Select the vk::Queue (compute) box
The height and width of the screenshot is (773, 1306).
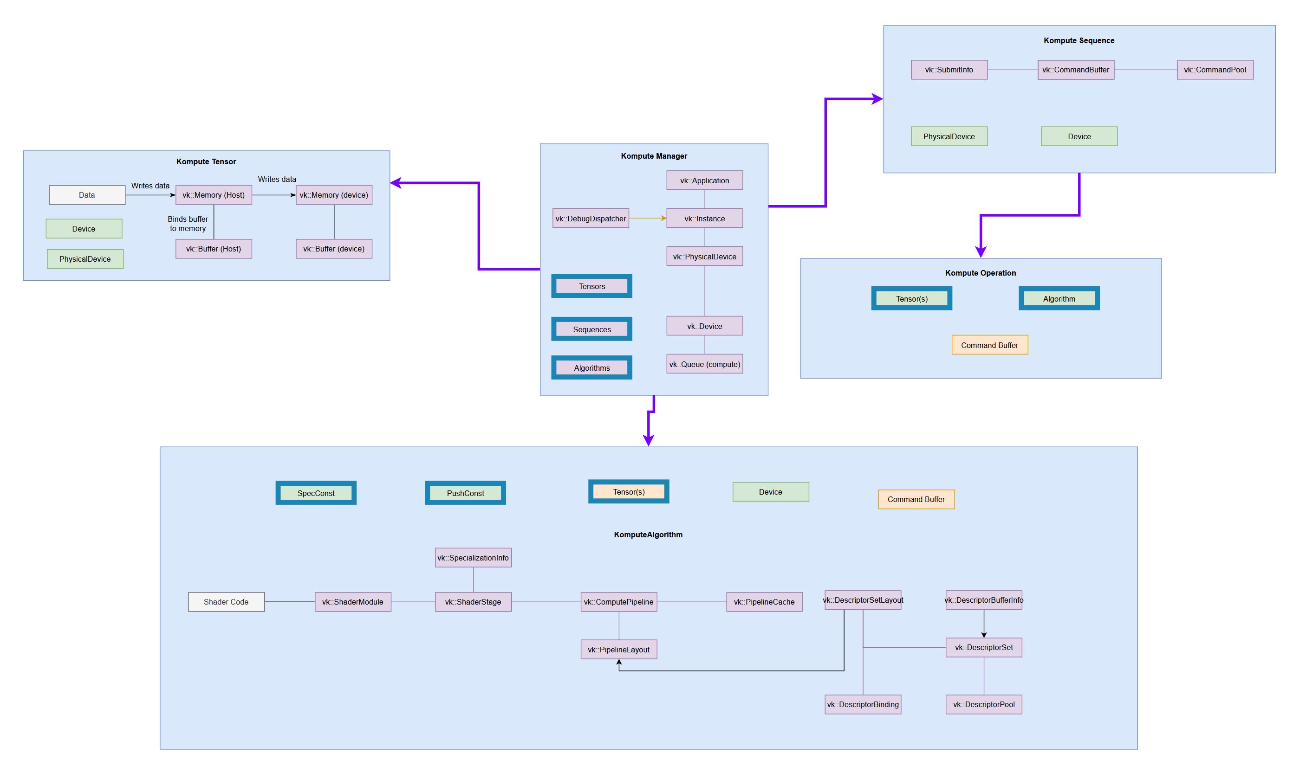705,364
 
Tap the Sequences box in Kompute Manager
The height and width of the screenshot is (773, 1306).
591,329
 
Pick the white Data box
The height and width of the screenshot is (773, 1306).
87,195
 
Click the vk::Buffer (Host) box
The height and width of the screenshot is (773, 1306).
214,249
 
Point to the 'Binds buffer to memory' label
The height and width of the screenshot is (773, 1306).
188,224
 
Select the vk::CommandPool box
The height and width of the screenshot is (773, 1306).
1215,70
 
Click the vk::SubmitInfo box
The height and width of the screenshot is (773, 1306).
949,70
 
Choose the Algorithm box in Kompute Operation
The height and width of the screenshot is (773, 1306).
1059,298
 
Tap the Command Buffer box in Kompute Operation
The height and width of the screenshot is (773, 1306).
990,345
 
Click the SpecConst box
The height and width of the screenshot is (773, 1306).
316,493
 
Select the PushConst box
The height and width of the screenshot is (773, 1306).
465,493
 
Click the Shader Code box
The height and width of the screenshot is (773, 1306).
226,602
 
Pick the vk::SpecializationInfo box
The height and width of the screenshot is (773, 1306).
473,557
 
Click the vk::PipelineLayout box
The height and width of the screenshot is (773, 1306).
618,650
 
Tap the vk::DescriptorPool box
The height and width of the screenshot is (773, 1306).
984,704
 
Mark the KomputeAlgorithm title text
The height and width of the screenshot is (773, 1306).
648,535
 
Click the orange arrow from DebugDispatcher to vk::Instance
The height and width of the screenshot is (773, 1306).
647,218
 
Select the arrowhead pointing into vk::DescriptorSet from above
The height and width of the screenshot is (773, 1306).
984,634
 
